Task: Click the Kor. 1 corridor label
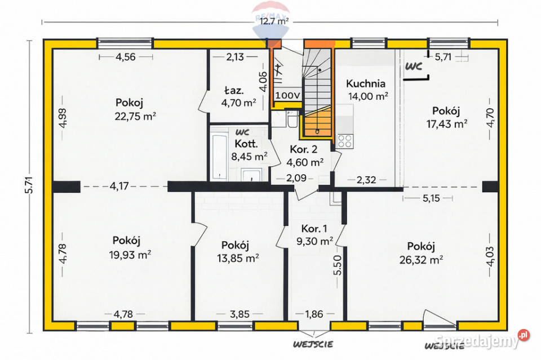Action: [314, 229]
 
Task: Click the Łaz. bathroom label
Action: [233, 90]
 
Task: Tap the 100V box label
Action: [289, 96]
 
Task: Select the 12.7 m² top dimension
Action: [273, 21]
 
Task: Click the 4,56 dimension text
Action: [126, 56]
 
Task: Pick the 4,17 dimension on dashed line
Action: [119, 185]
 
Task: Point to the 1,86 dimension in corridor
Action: [314, 314]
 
